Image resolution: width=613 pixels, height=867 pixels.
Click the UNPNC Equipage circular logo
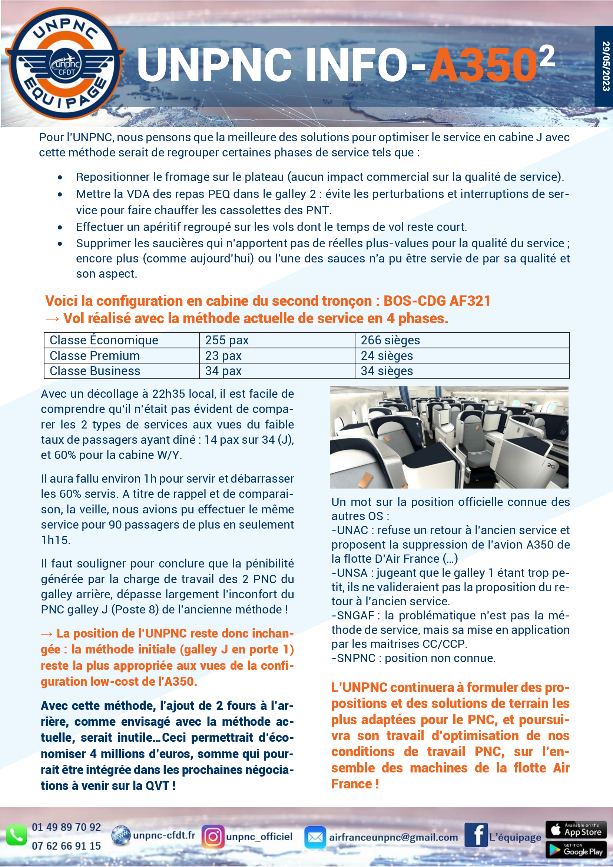(x=65, y=63)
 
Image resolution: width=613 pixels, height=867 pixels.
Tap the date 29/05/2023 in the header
(x=606, y=66)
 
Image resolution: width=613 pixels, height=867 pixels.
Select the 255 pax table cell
(x=227, y=340)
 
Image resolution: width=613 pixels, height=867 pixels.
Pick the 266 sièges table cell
(x=390, y=340)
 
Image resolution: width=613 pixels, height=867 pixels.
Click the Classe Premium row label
(x=95, y=356)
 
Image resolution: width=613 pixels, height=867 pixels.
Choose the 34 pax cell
(x=223, y=371)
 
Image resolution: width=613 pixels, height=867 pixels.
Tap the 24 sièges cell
(x=387, y=356)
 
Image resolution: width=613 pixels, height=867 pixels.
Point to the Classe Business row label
(x=95, y=371)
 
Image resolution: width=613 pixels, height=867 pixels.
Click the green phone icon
(x=16, y=835)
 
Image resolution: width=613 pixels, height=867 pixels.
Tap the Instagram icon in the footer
(x=212, y=836)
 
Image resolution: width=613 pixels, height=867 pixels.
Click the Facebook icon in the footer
(x=476, y=835)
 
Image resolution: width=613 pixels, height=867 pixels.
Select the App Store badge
(x=576, y=830)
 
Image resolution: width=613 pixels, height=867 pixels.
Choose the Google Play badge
(x=576, y=849)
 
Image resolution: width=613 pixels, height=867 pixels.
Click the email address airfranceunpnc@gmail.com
(x=393, y=837)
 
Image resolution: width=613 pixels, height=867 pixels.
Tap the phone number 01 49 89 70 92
(x=66, y=827)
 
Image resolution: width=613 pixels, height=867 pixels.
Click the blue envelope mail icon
(x=315, y=837)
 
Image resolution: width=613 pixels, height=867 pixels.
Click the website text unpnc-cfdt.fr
(x=164, y=835)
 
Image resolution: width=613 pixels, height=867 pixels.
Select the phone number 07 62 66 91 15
(x=66, y=846)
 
